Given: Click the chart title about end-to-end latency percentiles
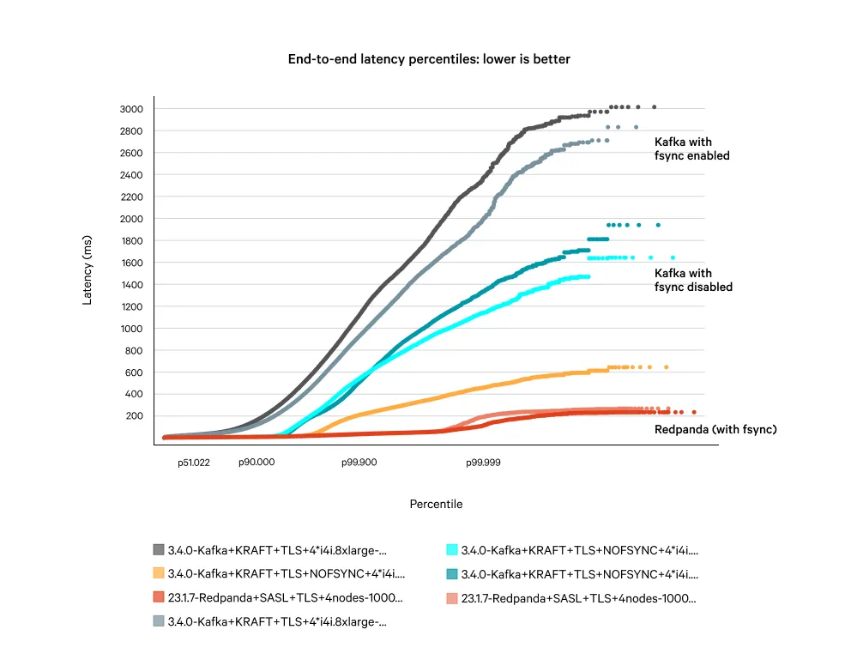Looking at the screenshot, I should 429,59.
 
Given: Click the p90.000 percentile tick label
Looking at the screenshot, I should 256,463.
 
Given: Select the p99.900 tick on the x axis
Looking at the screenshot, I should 359,463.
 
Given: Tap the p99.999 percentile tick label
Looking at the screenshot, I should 483,463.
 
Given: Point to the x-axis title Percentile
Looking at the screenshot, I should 436,504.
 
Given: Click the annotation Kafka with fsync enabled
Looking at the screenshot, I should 691,148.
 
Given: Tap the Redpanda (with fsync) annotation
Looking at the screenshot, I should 715,429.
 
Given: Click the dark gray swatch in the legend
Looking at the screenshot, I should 159,550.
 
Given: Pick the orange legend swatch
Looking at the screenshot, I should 159,573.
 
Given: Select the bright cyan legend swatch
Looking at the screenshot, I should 452,550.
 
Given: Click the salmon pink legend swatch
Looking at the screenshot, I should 452,597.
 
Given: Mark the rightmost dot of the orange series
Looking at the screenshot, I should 667,367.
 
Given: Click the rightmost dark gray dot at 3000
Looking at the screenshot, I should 654,107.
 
